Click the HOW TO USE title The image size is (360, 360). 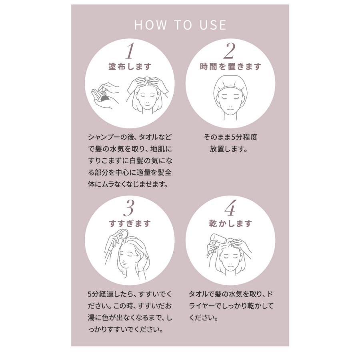[x=180, y=25]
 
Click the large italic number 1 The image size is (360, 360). [x=130, y=51]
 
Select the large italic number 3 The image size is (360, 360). [x=130, y=208]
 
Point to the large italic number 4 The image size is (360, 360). [x=230, y=208]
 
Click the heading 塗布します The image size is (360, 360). [x=130, y=66]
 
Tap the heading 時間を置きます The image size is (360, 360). [x=230, y=66]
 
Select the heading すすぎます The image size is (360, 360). [x=130, y=223]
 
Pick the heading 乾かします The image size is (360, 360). [x=231, y=223]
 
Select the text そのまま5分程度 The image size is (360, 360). [x=230, y=137]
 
